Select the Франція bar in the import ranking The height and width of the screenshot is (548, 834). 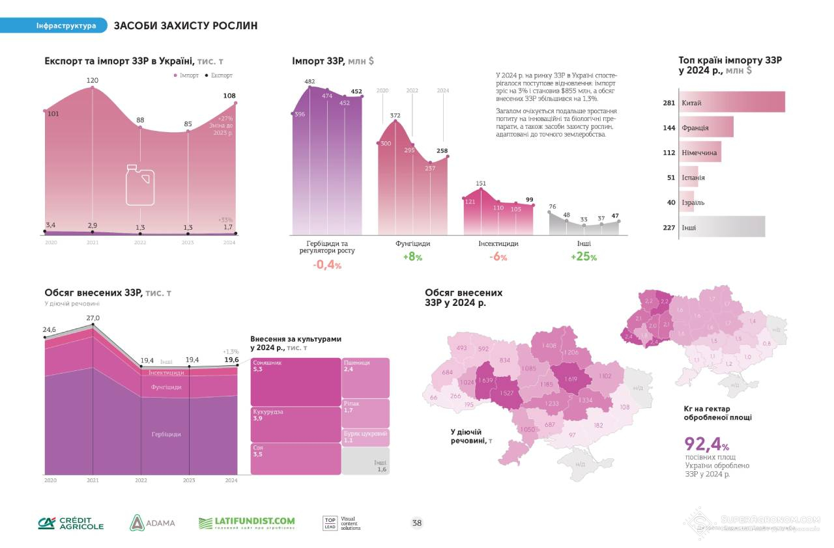[x=706, y=128]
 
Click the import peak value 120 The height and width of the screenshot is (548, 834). [x=93, y=80]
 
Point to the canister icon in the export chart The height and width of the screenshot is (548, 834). [x=139, y=184]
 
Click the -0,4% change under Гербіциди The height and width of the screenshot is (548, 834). [x=327, y=264]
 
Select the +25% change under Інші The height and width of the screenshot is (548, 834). [x=583, y=256]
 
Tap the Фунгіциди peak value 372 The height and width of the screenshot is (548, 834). [x=395, y=115]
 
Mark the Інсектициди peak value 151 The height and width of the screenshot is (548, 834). [x=481, y=183]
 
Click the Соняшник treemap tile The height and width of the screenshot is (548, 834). [x=296, y=381]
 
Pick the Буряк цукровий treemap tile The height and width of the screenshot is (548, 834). [x=366, y=437]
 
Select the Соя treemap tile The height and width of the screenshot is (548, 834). [x=296, y=458]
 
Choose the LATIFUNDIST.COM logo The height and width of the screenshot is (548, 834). [x=246, y=523]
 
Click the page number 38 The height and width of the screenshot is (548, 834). [x=417, y=523]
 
